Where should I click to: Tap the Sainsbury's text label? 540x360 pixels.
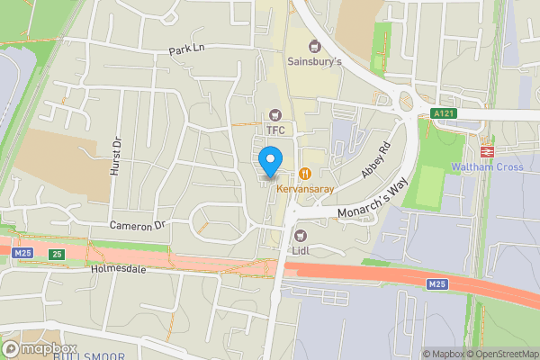[x=314, y=62]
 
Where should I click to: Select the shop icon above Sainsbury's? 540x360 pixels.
[x=314, y=46]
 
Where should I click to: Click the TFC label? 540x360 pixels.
[x=274, y=130]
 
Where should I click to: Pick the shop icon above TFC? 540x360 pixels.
[x=274, y=115]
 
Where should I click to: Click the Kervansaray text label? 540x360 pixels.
[x=305, y=189]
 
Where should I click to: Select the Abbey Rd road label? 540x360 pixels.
[x=376, y=160]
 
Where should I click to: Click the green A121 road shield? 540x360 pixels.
[x=442, y=113]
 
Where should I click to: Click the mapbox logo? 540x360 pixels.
[x=40, y=348]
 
